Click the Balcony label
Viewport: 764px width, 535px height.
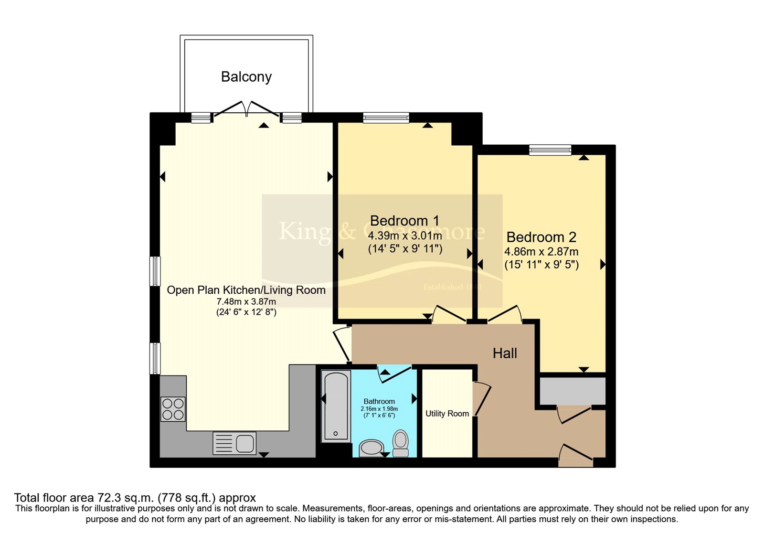tap(246, 76)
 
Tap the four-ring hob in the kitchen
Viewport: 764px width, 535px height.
tap(173, 409)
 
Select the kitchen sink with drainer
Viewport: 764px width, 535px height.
tap(234, 443)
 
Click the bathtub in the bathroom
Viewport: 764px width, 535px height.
tap(336, 406)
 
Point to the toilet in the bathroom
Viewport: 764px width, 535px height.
tap(401, 443)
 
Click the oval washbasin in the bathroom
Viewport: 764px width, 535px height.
tap(371, 448)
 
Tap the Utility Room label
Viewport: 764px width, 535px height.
tap(447, 414)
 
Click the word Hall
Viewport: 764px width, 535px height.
tap(505, 353)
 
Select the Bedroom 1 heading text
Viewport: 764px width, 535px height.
tap(404, 221)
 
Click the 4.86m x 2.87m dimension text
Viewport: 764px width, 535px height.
tap(541, 252)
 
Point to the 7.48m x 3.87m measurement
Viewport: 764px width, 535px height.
tap(246, 301)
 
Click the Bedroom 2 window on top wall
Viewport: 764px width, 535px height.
tap(550, 150)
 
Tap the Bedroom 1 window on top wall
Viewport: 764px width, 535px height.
tap(386, 118)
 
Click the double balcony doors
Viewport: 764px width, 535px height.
tap(246, 110)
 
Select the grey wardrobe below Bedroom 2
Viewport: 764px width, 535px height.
tap(573, 391)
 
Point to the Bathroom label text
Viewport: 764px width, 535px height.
tap(379, 401)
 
